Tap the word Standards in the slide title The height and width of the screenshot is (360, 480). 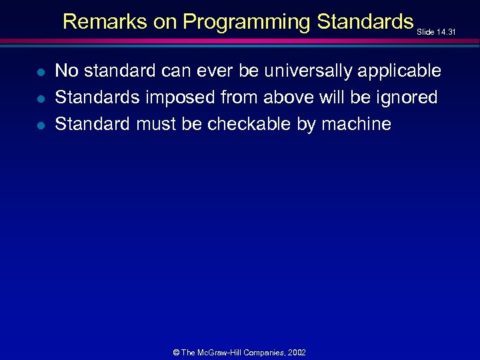point(365,22)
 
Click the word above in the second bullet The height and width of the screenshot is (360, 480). point(288,97)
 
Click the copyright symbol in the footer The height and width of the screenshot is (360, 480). point(175,352)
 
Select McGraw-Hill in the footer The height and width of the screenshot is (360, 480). point(223,352)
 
